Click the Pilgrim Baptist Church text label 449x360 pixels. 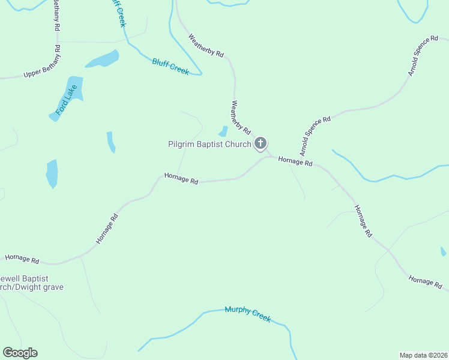(209, 144)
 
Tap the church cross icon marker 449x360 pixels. (261, 143)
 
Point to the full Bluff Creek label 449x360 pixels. (170, 67)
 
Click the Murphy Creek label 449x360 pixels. (247, 314)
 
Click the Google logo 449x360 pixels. (20, 353)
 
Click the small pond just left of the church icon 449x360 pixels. (223, 131)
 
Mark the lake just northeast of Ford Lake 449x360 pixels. (102, 59)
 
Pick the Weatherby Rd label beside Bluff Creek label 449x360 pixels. (206, 46)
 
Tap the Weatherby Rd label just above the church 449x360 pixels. (240, 117)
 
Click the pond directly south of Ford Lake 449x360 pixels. (52, 173)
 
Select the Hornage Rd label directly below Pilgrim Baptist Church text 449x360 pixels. (181, 179)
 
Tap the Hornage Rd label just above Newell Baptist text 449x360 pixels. (22, 259)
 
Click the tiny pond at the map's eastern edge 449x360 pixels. (443, 251)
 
